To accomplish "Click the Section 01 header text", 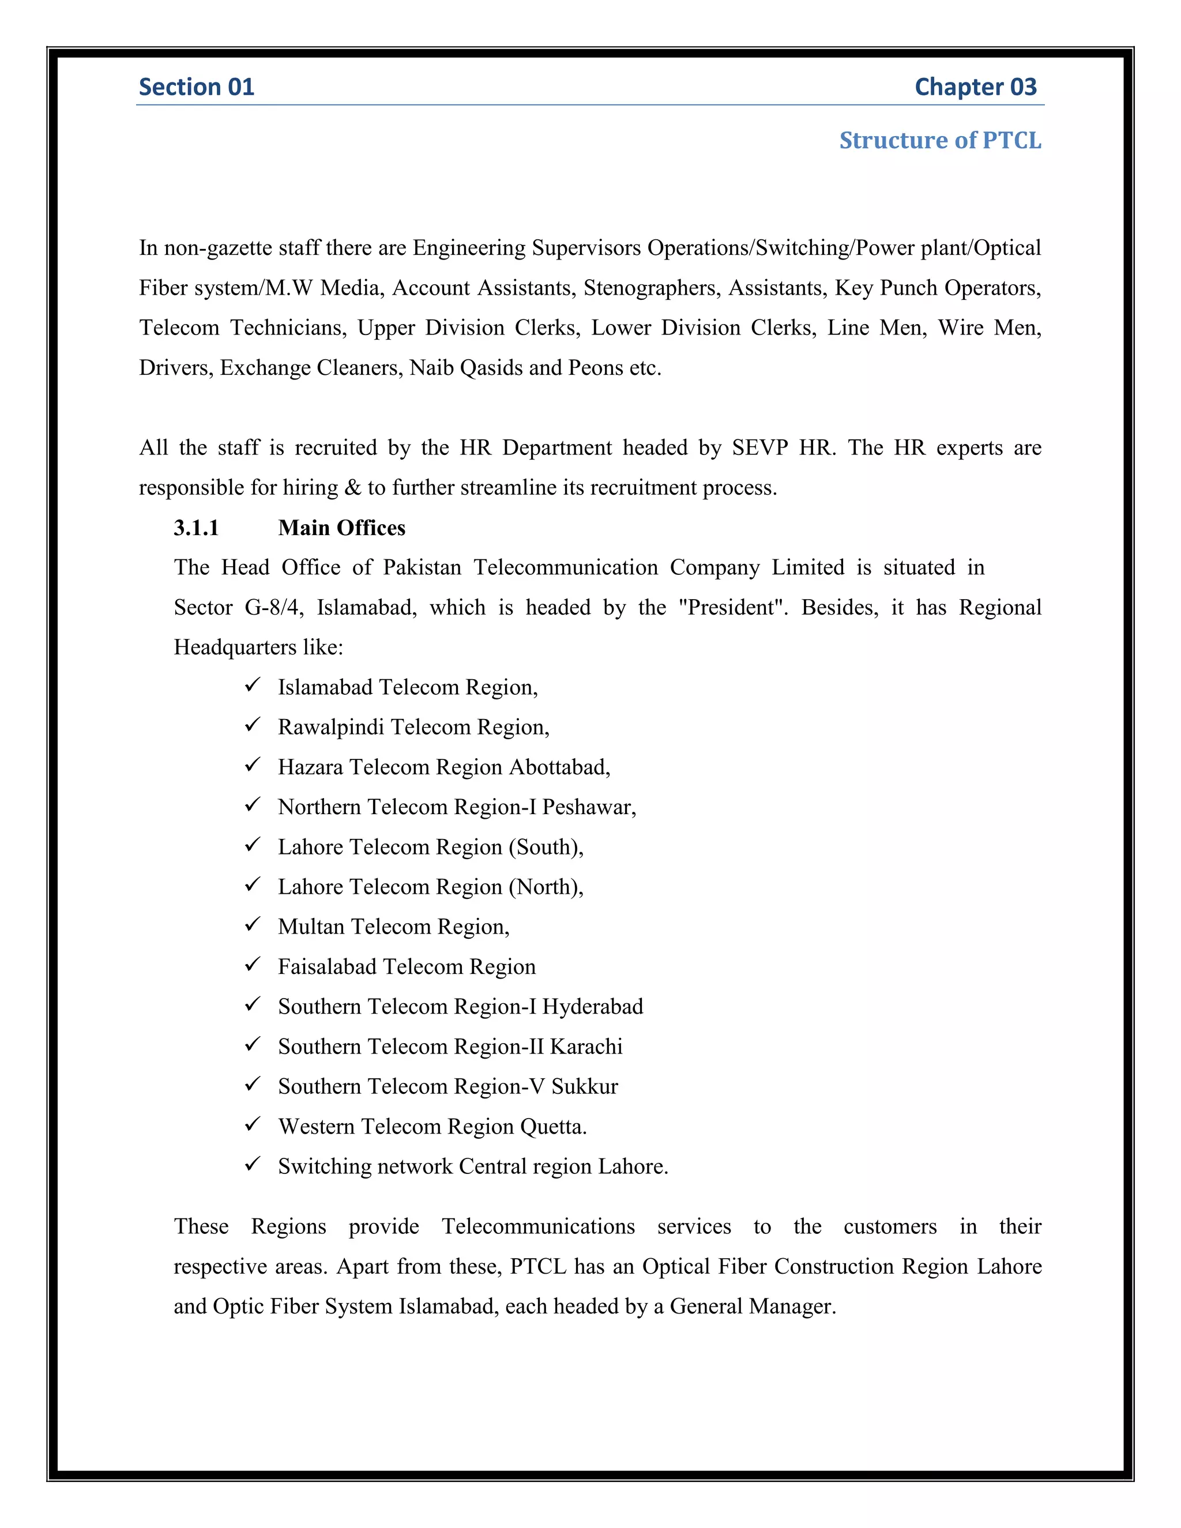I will tap(196, 86).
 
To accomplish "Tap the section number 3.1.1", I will tap(196, 528).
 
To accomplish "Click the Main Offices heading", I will tap(341, 528).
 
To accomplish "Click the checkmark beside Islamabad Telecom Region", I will tap(253, 685).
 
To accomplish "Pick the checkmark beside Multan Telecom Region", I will tap(253, 924).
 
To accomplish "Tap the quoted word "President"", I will tap(732, 607).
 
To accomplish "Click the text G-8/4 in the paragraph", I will tap(273, 607).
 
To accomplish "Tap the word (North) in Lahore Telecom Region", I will tap(545, 887).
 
